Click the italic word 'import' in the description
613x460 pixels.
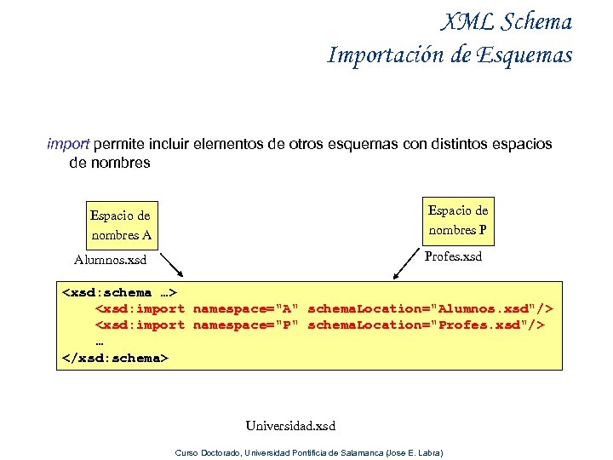(x=68, y=144)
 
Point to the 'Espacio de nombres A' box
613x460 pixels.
(x=120, y=225)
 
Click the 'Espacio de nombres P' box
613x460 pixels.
(x=458, y=220)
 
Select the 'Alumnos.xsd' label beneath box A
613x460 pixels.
(x=110, y=259)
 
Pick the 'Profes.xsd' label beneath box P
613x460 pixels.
(x=453, y=256)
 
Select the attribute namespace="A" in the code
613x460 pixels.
(x=245, y=308)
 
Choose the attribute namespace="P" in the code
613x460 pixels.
(x=245, y=325)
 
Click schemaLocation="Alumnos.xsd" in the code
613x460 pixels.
(x=430, y=308)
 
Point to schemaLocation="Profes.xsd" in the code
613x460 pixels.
(x=426, y=325)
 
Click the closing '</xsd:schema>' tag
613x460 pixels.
(x=116, y=358)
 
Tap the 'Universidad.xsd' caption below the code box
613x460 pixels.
(x=290, y=425)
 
